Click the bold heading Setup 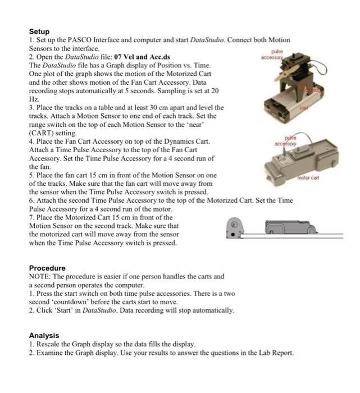pos(39,31)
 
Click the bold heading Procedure pos(47,268)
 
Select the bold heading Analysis pos(45,335)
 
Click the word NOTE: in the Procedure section pos(40,276)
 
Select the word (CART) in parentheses pos(43,132)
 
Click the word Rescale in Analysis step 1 pos(49,344)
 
